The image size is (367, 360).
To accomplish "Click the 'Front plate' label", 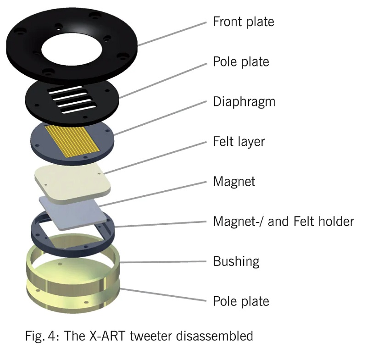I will pyautogui.click(x=243, y=22).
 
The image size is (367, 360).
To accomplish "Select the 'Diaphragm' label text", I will pyautogui.click(x=244, y=101).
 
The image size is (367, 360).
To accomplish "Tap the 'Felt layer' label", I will pyautogui.click(x=239, y=141).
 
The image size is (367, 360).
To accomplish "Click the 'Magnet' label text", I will pyautogui.click(x=234, y=181).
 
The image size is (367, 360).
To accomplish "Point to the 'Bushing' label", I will pyautogui.click(x=236, y=261).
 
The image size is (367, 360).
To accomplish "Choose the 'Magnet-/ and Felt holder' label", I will pyautogui.click(x=283, y=222).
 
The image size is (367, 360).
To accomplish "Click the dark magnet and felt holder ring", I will pyautogui.click(x=39, y=229).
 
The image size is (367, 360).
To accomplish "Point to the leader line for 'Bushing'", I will pyautogui.click(x=165, y=262).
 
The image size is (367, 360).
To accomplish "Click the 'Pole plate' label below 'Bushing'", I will pyautogui.click(x=241, y=301).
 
